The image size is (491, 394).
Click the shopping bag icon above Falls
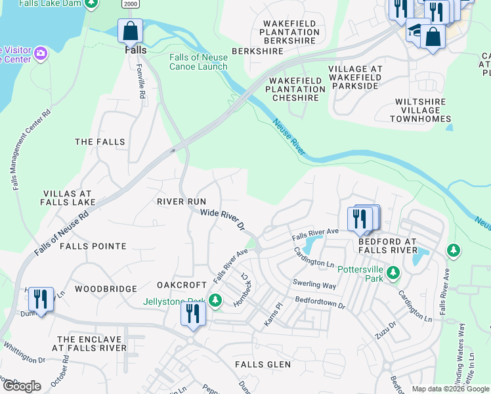click(130, 31)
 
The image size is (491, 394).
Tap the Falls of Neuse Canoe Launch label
click(198, 62)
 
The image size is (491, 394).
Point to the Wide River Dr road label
click(222, 219)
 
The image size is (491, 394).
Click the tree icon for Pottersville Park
click(393, 271)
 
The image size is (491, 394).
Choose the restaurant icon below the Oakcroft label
click(194, 313)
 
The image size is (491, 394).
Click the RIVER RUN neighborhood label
click(181, 202)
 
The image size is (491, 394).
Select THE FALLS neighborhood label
click(100, 142)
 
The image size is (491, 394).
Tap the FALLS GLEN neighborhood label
click(263, 364)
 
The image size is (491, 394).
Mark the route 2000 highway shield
click(130, 4)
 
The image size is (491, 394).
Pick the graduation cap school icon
click(414, 30)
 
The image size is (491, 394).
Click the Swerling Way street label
click(315, 286)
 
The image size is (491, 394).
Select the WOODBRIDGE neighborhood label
click(106, 289)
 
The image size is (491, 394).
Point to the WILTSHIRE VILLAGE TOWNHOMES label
click(423, 110)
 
